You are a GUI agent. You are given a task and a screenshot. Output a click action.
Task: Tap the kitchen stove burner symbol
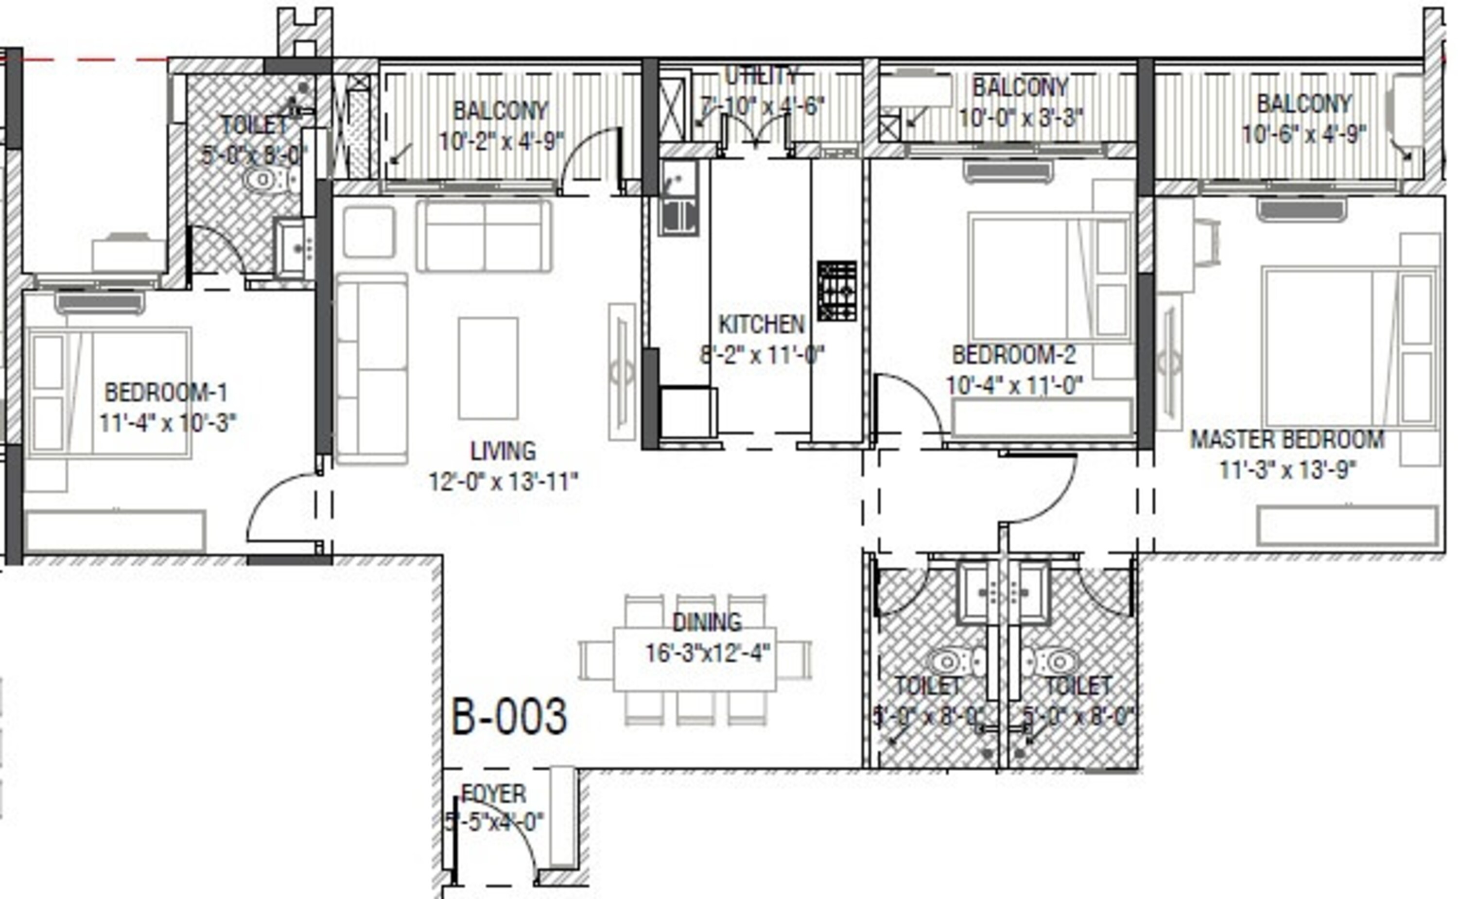[x=836, y=291]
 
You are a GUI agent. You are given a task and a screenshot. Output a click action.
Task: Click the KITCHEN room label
[x=761, y=325]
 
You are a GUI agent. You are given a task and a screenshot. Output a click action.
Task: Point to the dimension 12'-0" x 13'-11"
[x=503, y=482]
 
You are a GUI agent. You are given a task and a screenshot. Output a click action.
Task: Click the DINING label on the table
[x=707, y=622]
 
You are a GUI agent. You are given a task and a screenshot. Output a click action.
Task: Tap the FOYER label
[x=493, y=794]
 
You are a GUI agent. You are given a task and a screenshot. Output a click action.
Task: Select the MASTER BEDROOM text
[x=1287, y=439]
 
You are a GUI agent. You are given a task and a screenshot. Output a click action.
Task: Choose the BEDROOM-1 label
[x=166, y=393]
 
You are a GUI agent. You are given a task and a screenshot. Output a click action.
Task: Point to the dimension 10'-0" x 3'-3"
[x=1021, y=118]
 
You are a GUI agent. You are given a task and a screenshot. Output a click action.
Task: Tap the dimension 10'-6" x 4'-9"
[x=1303, y=135]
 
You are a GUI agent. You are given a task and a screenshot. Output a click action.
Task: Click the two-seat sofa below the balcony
[x=484, y=237]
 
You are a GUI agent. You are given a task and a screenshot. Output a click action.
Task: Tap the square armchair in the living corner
[x=369, y=232]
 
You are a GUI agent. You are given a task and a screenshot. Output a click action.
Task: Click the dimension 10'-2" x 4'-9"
[x=501, y=141]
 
